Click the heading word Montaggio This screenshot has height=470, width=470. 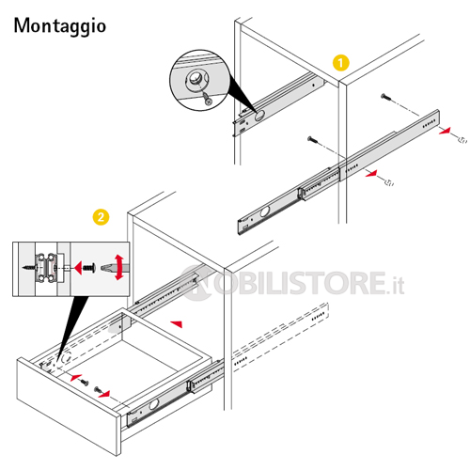(60, 26)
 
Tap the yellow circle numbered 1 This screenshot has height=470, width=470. (341, 63)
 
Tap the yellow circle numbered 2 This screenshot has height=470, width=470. (101, 217)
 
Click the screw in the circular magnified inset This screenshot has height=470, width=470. (207, 98)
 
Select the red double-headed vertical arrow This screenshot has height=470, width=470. (119, 267)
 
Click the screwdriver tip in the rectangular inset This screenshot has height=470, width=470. (105, 268)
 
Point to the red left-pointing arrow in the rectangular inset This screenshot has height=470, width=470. (78, 268)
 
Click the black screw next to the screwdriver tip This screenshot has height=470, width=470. (89, 268)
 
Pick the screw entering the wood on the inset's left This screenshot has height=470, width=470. (30, 268)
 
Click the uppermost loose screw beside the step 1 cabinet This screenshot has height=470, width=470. (386, 97)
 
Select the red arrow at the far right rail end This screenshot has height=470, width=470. (445, 131)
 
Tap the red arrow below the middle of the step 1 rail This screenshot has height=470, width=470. (371, 174)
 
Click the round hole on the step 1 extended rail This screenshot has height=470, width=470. (265, 211)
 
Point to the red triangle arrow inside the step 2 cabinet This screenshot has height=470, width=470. (177, 324)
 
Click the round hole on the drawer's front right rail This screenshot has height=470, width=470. (154, 404)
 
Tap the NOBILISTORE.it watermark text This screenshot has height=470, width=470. (293, 283)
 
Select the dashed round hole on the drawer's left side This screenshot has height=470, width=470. (67, 357)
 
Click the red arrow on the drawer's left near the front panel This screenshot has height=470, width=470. (76, 378)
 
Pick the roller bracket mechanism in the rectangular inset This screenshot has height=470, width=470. (47, 268)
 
